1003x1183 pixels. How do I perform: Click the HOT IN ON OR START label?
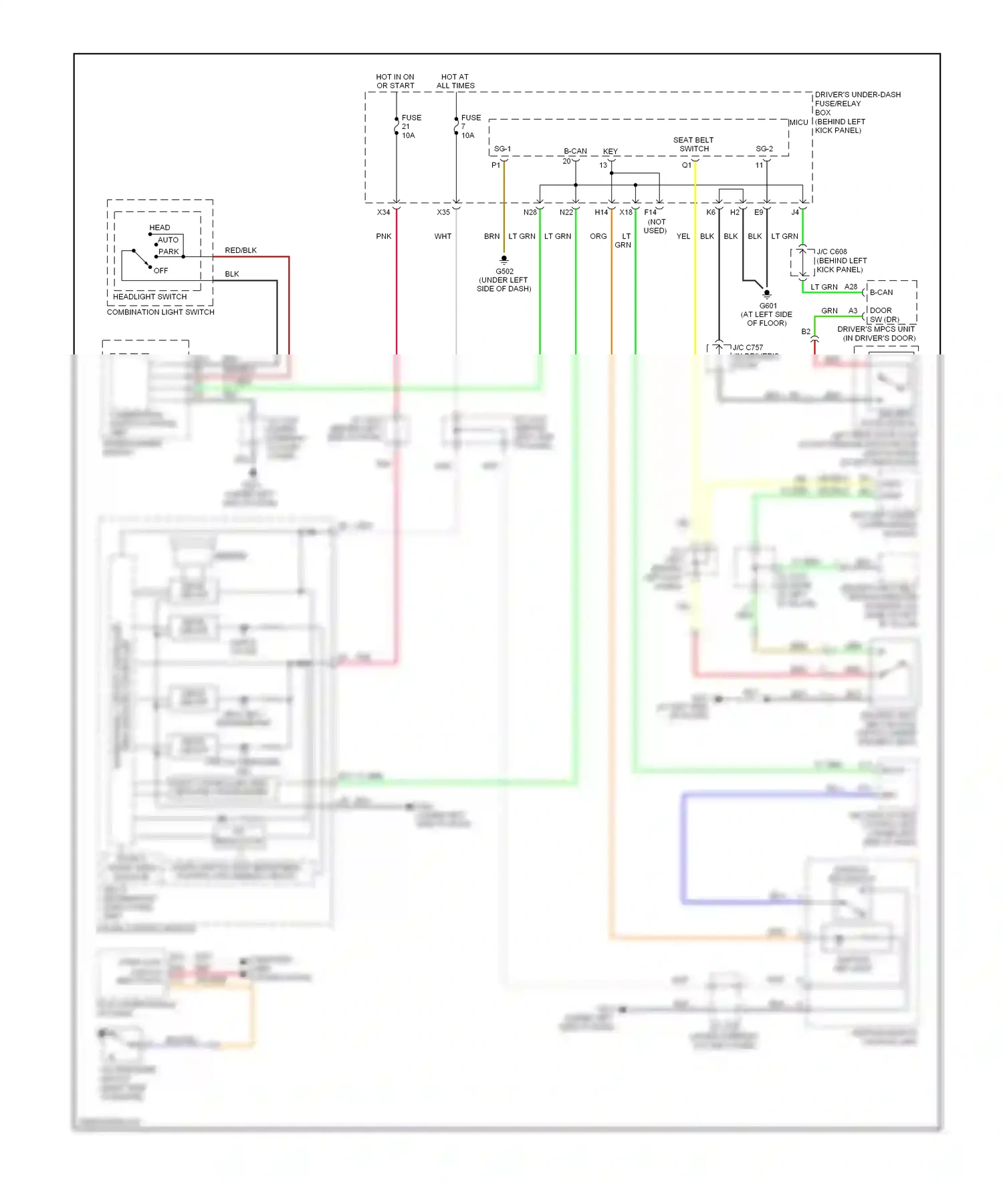(395, 82)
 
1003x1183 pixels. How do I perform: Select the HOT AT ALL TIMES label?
(455, 82)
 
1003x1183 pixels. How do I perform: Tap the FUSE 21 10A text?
(411, 126)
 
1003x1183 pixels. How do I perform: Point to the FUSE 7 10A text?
(470, 126)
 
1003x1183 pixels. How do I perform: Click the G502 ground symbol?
(504, 259)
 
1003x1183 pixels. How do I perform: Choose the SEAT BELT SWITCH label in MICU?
(693, 144)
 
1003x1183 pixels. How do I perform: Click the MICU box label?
(798, 122)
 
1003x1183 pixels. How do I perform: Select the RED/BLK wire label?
(241, 250)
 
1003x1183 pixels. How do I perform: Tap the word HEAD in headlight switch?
(159, 227)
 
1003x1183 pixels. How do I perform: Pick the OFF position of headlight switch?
(160, 270)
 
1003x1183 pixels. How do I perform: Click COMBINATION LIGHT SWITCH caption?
(160, 312)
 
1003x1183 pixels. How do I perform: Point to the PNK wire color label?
(384, 236)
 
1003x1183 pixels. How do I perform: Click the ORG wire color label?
(598, 236)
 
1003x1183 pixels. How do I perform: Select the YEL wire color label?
(683, 236)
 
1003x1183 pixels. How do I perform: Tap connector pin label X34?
(383, 212)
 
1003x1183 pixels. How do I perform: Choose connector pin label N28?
(530, 212)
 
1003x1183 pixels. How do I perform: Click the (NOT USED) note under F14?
(655, 226)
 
